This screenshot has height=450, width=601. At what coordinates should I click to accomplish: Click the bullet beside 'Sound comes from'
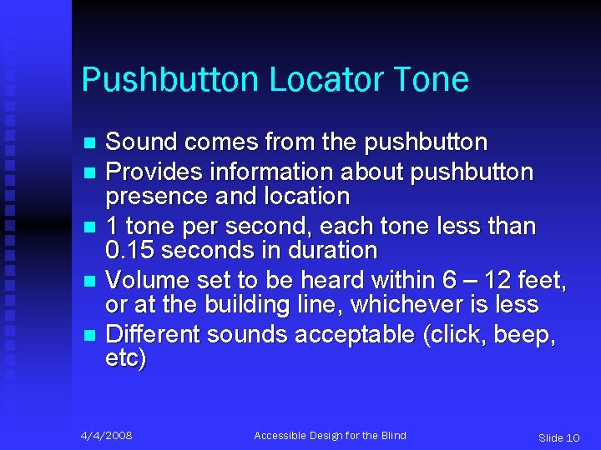tap(91, 144)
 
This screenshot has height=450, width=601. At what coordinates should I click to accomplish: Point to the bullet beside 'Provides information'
tap(91, 172)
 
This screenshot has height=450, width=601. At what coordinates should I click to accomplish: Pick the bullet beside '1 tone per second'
tap(91, 227)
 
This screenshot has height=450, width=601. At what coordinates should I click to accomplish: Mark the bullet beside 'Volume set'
tap(91, 281)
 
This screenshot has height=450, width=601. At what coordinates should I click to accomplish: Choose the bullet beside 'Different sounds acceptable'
tap(91, 335)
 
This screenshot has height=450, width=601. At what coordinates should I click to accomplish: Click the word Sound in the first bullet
tap(142, 142)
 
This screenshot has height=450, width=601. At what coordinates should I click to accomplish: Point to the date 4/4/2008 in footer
tap(106, 436)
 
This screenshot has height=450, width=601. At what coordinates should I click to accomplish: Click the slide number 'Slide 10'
tap(558, 437)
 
